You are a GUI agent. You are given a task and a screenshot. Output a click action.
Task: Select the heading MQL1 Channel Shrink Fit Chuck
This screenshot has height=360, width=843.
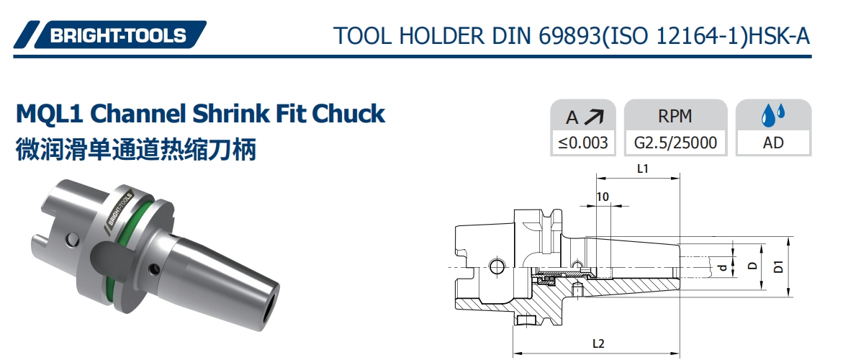click(200, 113)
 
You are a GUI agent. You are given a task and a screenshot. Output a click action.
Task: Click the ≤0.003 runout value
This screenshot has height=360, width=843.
click(583, 143)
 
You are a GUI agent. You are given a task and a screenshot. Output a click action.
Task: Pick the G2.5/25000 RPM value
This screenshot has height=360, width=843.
click(675, 143)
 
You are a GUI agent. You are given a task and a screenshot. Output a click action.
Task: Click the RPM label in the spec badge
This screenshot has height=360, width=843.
click(675, 117)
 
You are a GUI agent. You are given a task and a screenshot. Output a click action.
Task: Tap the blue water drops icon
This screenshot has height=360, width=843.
click(773, 115)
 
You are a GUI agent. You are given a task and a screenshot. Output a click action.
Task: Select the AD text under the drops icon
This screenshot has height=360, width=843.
click(773, 143)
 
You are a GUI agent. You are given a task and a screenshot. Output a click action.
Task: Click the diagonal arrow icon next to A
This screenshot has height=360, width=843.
click(595, 117)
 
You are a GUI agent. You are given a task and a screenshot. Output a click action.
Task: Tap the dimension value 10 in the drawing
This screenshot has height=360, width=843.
click(603, 197)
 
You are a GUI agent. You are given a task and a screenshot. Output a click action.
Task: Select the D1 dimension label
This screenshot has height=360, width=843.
click(778, 267)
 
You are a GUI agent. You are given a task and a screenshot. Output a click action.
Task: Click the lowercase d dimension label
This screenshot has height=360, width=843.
click(723, 267)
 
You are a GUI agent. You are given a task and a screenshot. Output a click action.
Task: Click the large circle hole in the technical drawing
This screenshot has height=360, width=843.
click(496, 268)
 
